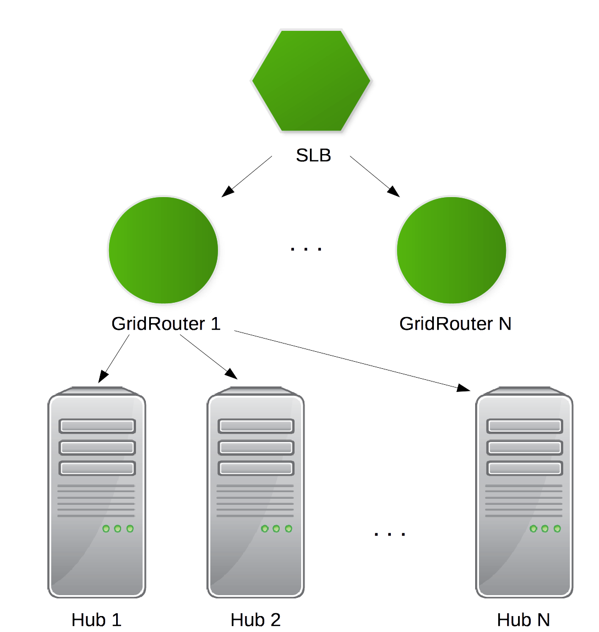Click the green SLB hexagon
[x=314, y=81]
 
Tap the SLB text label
[x=314, y=155]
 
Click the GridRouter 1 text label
[x=166, y=324]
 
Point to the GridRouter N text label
[x=455, y=324]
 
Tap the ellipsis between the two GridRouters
[x=306, y=249]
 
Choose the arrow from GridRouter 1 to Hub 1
[x=114, y=358]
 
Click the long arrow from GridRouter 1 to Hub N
[x=352, y=361]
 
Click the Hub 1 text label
[x=96, y=620]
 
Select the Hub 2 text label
[x=255, y=620]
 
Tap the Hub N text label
[x=523, y=620]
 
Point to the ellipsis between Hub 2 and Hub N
[x=389, y=534]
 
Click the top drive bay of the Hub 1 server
[x=97, y=426]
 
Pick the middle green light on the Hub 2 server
[x=276, y=529]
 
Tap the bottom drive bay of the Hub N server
[x=525, y=468]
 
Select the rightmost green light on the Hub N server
[x=557, y=529]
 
